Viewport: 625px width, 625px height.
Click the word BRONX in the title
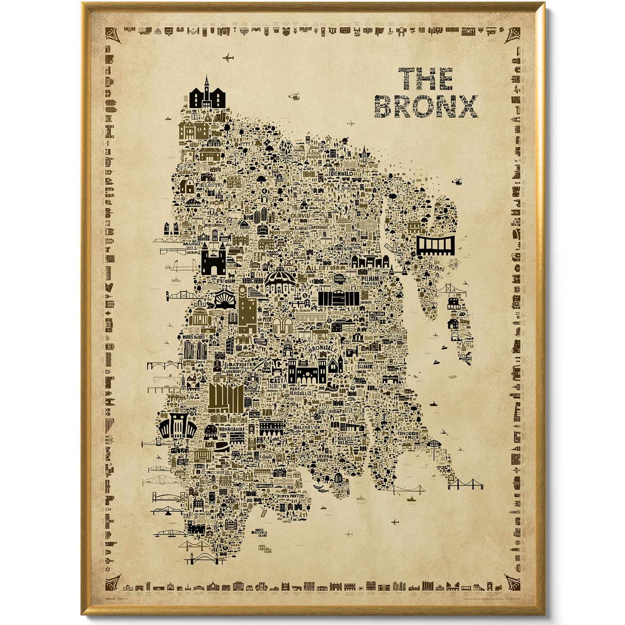click(x=426, y=106)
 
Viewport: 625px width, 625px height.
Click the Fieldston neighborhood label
click(x=210, y=185)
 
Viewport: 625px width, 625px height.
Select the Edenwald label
click(x=341, y=173)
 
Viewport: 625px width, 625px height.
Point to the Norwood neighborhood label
click(x=283, y=232)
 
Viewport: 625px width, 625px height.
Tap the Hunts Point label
click(x=288, y=496)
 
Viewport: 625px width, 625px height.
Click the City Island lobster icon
click(x=466, y=359)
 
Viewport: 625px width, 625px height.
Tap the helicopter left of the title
click(x=295, y=96)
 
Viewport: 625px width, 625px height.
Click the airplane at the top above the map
click(x=228, y=58)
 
